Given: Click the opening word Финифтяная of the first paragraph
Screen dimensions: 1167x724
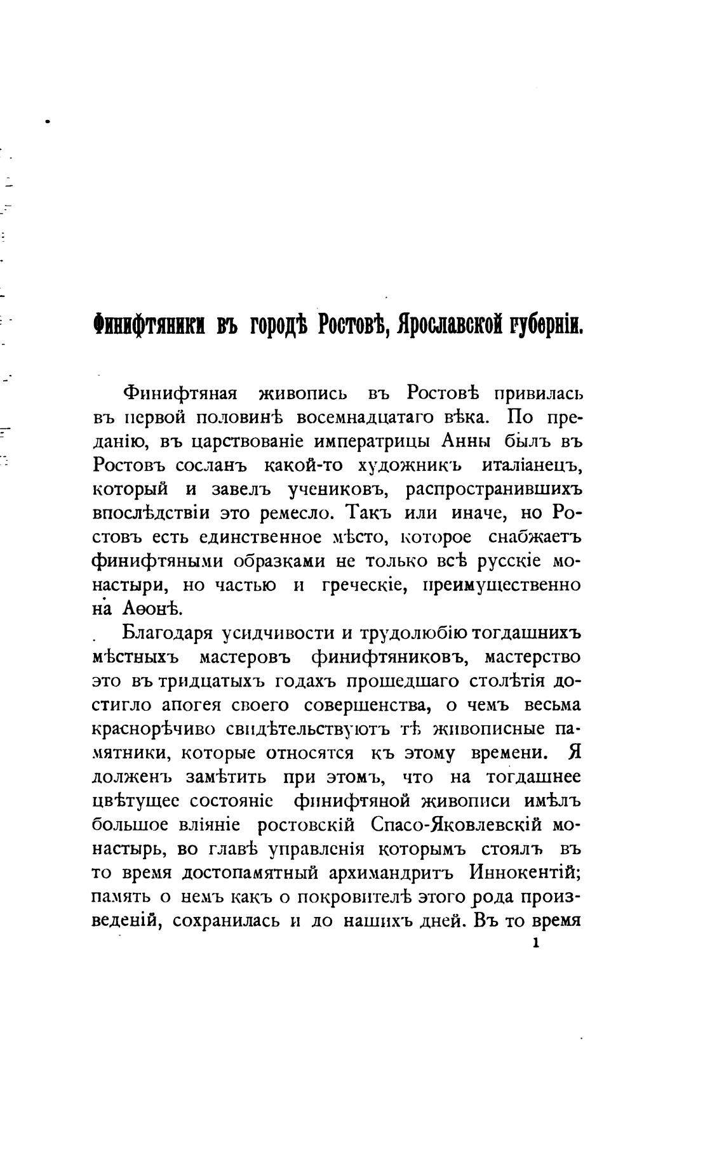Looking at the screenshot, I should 180,394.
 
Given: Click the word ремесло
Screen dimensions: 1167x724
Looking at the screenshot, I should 302,513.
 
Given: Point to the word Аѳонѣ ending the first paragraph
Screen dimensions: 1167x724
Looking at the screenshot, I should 143,608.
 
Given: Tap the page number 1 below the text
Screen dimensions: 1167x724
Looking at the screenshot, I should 535,944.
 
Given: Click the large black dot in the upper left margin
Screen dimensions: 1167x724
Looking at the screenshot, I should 48,119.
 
